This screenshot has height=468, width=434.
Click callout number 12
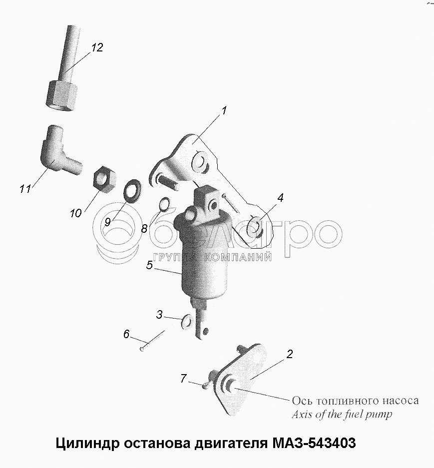pyautogui.click(x=97, y=47)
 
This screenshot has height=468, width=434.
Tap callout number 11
pyautogui.click(x=25, y=189)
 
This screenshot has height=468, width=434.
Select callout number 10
pyautogui.click(x=75, y=213)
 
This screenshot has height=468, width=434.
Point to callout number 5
pyautogui.click(x=149, y=265)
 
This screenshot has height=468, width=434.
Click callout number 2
pyautogui.click(x=290, y=354)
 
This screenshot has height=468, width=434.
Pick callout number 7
pyautogui.click(x=183, y=379)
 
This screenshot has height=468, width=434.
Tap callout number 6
pyautogui.click(x=126, y=334)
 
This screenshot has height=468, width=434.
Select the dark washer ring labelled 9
pyautogui.click(x=132, y=190)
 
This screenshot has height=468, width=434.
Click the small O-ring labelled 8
pyautogui.click(x=164, y=204)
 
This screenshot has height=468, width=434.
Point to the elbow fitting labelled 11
pyautogui.click(x=58, y=150)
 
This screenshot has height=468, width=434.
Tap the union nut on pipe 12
pyautogui.click(x=62, y=96)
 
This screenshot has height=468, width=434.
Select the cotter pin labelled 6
pyautogui.click(x=152, y=341)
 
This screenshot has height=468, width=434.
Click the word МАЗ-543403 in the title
pyautogui.click(x=314, y=443)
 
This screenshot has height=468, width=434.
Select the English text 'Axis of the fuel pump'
pyautogui.click(x=342, y=414)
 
